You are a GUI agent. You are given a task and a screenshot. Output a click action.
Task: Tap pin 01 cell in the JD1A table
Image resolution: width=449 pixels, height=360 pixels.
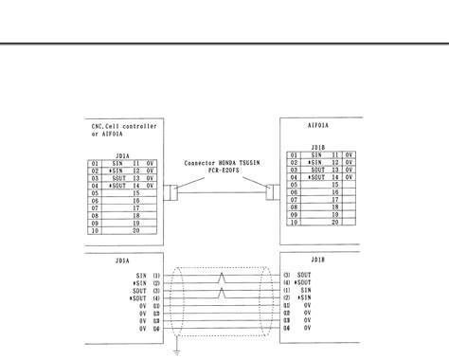click(95, 163)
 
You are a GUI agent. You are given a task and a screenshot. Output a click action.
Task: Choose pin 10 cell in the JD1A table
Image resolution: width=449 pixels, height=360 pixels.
click(95, 230)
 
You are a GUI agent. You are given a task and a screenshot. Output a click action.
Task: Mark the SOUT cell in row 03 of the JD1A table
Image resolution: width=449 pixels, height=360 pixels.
click(117, 178)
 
